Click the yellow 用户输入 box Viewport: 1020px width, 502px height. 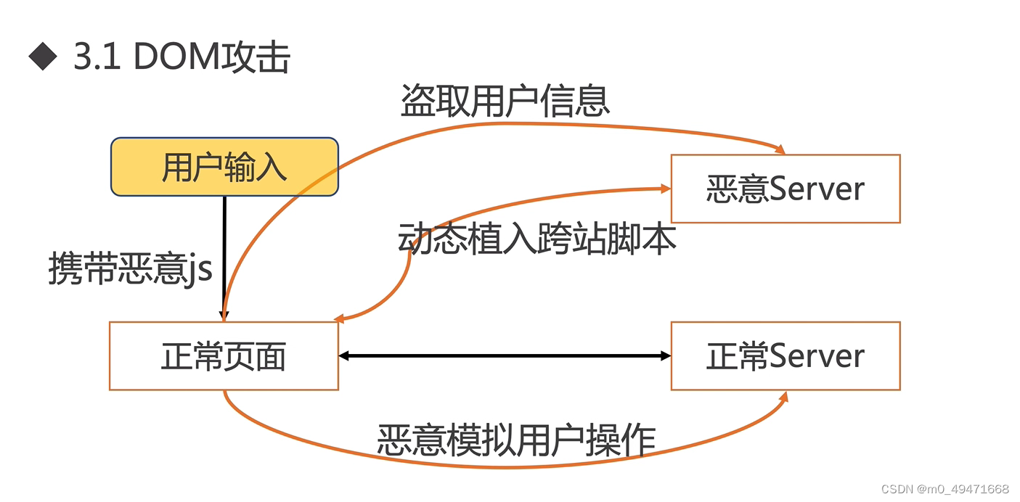click(224, 167)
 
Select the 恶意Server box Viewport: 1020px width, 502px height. click(785, 189)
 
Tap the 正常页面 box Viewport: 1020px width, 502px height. click(224, 356)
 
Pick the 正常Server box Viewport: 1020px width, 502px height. click(785, 356)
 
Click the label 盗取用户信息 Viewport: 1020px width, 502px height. click(505, 102)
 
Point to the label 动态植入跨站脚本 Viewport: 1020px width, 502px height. click(537, 239)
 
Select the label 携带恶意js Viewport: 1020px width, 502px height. click(131, 268)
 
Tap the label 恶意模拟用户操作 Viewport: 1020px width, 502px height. click(516, 439)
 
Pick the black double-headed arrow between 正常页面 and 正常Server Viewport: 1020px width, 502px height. click(505, 355)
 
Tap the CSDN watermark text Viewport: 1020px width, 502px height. click(944, 489)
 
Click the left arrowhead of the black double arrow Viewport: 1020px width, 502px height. click(345, 355)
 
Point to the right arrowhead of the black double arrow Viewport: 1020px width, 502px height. click(665, 355)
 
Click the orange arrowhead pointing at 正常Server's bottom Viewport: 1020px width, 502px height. click(783, 397)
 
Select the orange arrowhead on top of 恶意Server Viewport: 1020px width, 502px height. click(780, 149)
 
